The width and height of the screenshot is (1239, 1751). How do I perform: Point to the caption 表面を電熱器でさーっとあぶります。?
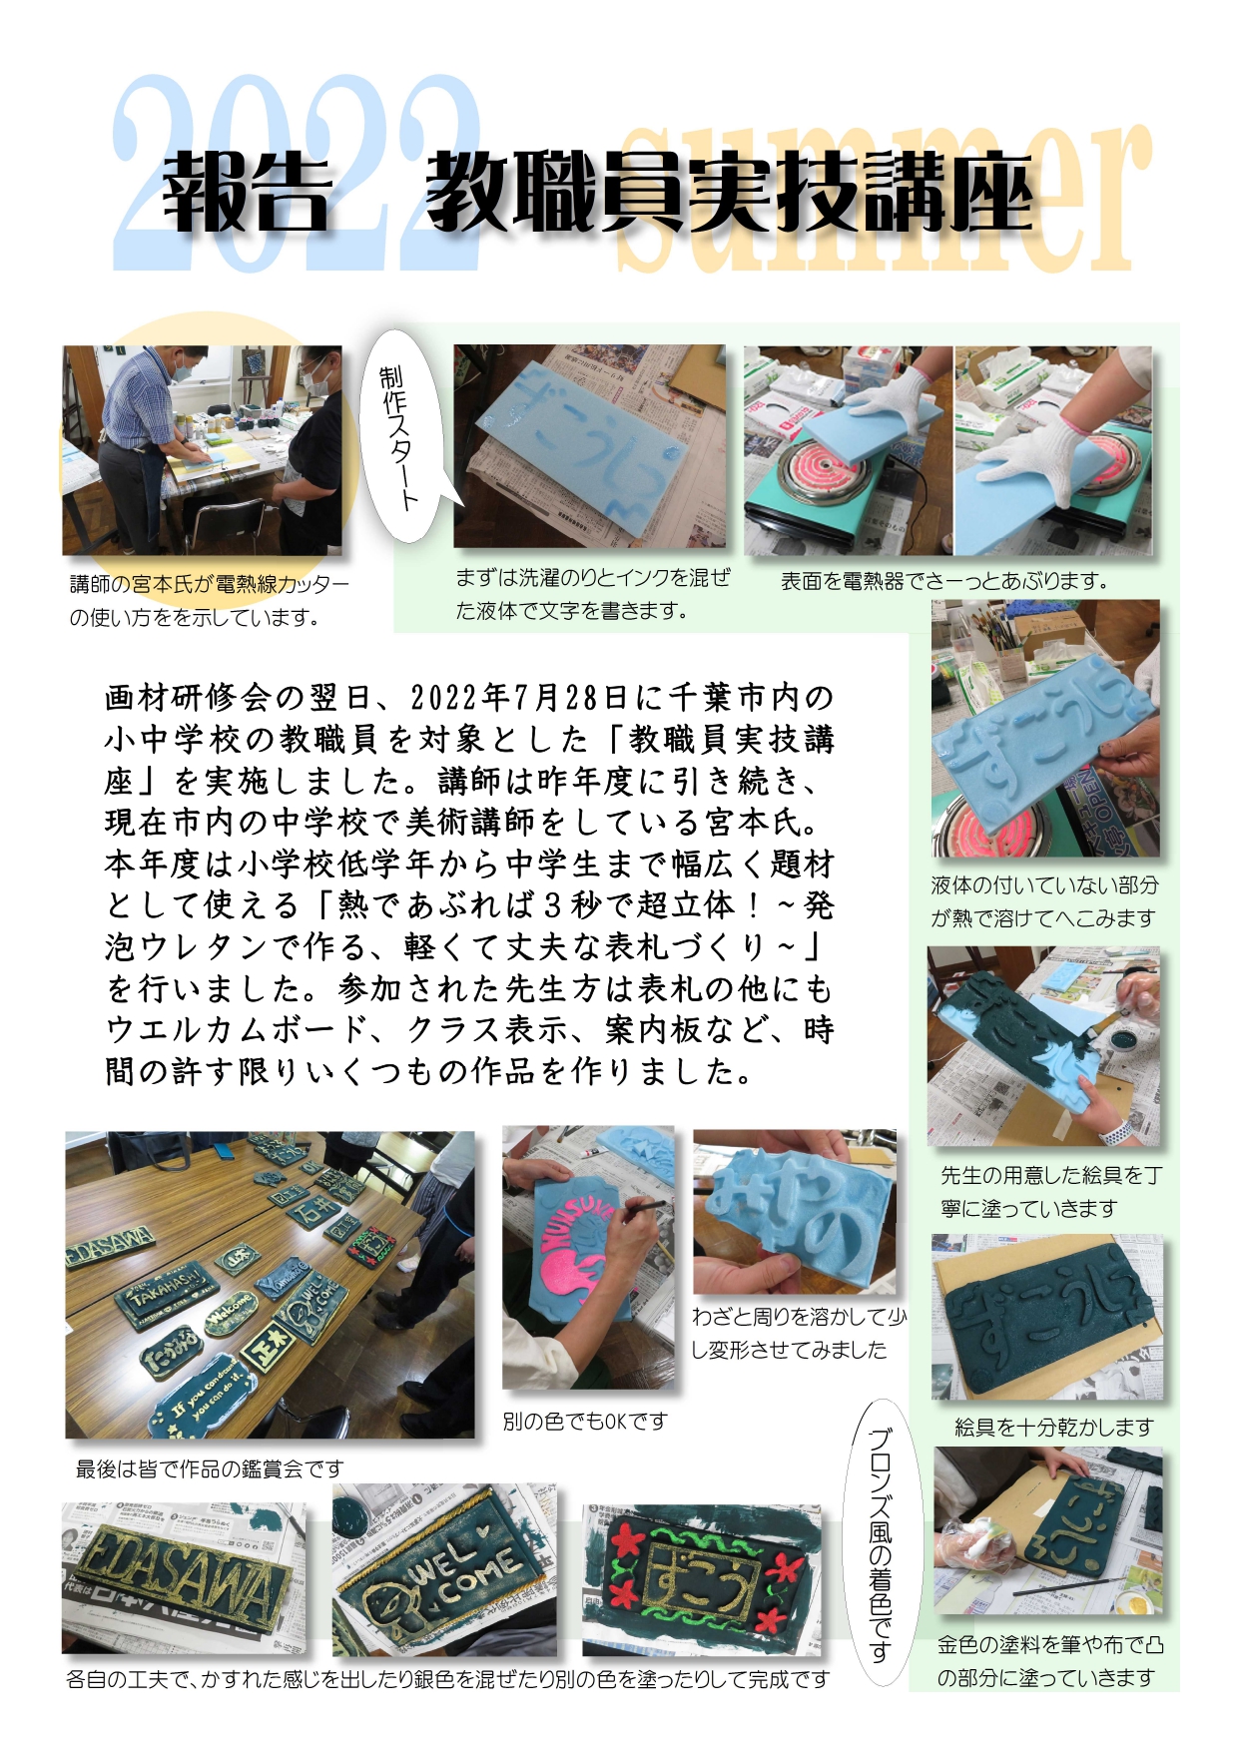tap(944, 581)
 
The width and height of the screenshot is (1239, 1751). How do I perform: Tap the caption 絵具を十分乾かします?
tap(1054, 1428)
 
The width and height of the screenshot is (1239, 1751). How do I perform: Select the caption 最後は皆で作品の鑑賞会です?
tap(210, 1468)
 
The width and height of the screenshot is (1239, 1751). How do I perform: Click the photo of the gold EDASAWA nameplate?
tap(185, 1578)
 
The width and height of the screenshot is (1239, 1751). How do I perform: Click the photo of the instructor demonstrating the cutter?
tap(202, 450)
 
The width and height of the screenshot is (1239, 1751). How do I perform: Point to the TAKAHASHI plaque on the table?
tap(165, 1288)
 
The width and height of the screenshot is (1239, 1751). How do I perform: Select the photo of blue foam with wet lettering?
tap(590, 446)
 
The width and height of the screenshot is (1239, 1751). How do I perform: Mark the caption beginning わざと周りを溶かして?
tap(799, 1333)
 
